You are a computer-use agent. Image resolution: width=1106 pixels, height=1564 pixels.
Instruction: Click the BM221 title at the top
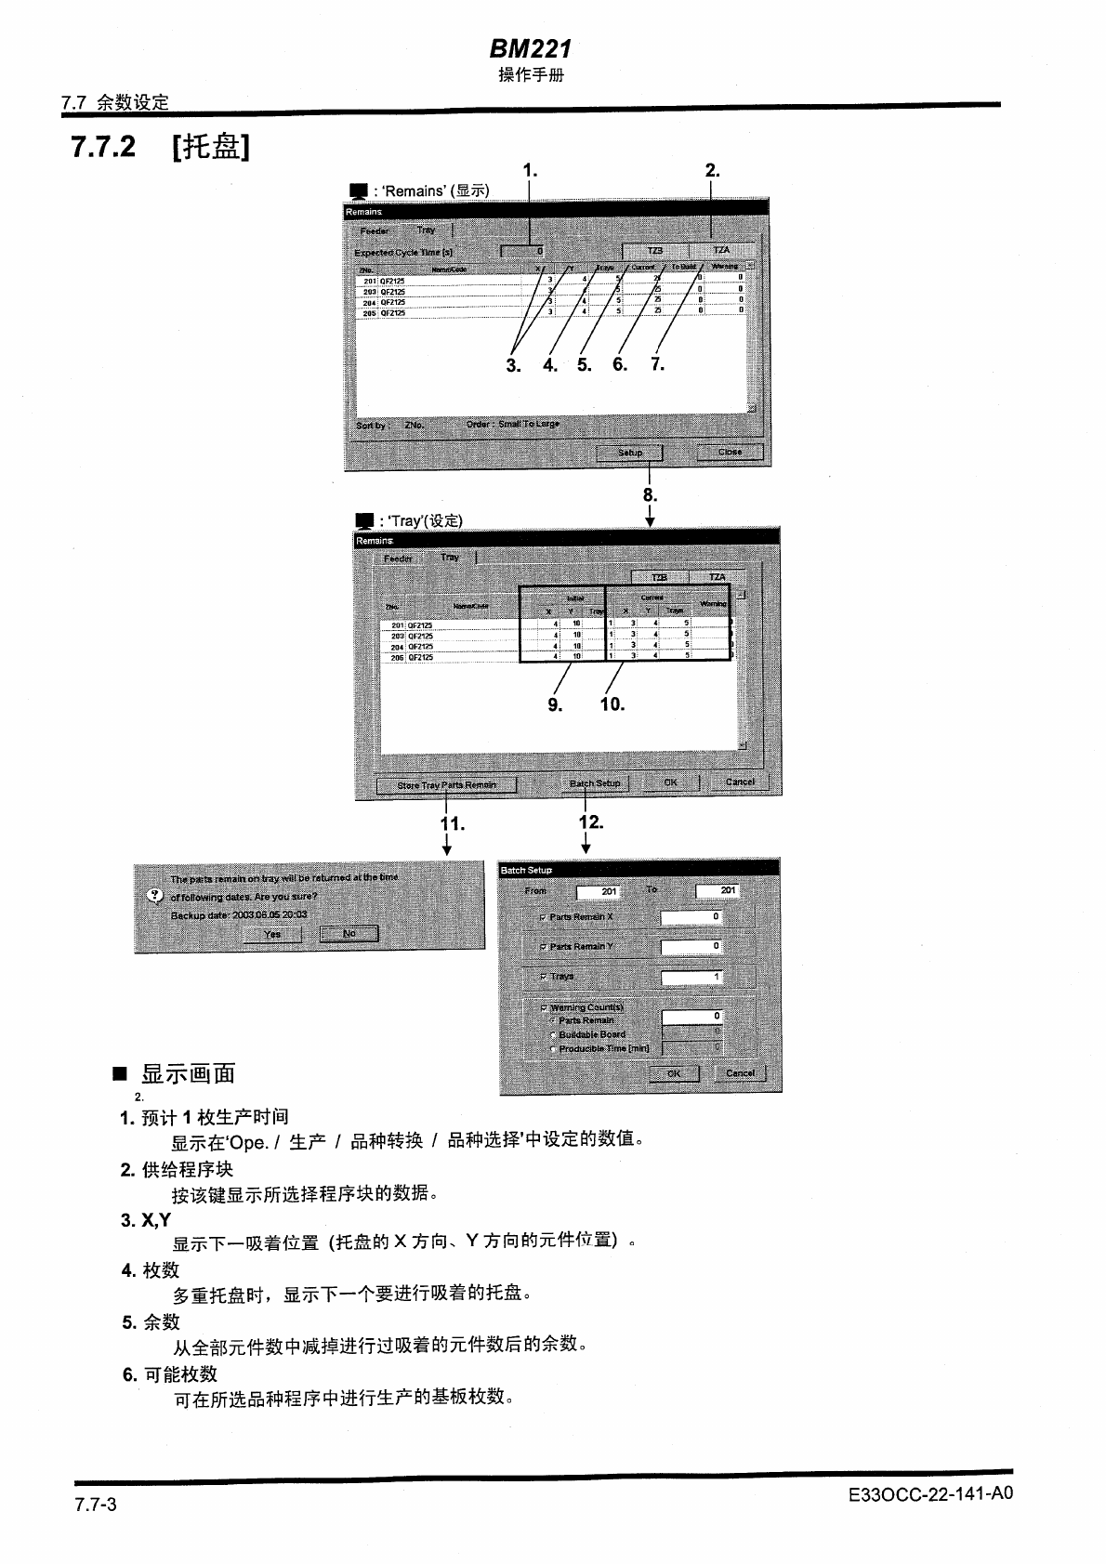pos(530,48)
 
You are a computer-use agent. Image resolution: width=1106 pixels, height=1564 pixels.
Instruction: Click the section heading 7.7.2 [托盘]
pos(160,147)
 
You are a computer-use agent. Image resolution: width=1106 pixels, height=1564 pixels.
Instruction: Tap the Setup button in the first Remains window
pos(629,453)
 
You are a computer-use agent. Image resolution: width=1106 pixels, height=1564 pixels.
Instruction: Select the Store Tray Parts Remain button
pos(446,785)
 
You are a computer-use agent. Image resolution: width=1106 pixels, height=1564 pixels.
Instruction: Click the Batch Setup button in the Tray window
pos(595,783)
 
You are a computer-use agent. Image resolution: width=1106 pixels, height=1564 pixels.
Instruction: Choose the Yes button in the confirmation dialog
pos(271,934)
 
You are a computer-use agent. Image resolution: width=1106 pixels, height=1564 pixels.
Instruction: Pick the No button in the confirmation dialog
pos(349,934)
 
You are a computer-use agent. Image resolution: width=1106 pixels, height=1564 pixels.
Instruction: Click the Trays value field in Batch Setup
pos(691,978)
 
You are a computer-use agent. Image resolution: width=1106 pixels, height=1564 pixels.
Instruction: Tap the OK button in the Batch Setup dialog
pos(674,1073)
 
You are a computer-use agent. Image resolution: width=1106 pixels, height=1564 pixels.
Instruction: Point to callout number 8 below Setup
pos(650,495)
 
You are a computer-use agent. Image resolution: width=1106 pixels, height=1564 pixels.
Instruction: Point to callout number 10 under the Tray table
pos(612,704)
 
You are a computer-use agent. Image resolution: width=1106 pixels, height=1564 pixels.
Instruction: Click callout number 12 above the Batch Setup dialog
pos(591,822)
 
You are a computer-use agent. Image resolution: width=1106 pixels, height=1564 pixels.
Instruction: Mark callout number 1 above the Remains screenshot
pos(530,170)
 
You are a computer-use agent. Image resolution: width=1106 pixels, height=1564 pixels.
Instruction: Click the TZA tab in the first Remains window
pos(720,251)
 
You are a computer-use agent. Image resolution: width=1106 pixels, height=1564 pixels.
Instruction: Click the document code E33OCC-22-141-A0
pos(929,1494)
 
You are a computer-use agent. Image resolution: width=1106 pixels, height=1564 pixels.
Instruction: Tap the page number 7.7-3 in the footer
pos(96,1505)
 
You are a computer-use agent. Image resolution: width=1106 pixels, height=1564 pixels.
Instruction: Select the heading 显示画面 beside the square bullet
pos(188,1074)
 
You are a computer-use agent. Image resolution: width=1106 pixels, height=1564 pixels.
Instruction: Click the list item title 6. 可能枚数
pos(170,1374)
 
